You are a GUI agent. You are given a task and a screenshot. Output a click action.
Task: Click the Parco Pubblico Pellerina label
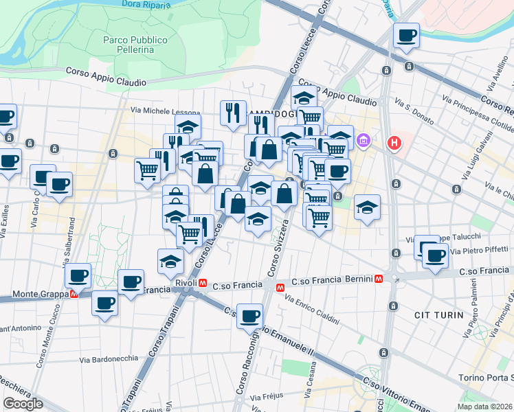coord(135,45)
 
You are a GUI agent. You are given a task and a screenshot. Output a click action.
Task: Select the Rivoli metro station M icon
coord(203,283)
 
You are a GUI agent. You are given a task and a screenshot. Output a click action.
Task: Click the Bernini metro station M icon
coord(379,279)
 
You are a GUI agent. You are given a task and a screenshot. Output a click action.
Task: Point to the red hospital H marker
coord(394,143)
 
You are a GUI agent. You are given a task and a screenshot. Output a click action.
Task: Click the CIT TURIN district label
coord(436,314)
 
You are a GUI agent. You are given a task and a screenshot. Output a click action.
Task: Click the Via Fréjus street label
coord(266,397)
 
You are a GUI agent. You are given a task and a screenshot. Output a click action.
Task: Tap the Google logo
coord(23,403)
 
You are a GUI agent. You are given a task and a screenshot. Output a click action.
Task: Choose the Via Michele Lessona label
coord(166,112)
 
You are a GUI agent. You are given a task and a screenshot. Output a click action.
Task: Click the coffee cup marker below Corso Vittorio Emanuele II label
coord(250,317)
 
